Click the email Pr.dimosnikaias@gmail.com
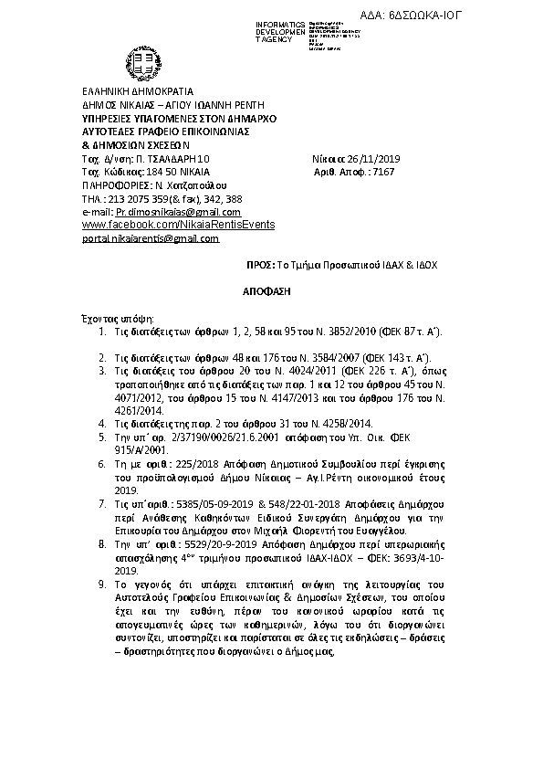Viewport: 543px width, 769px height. point(171,211)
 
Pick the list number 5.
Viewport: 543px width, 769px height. point(102,438)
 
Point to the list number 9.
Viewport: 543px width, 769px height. point(102,581)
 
